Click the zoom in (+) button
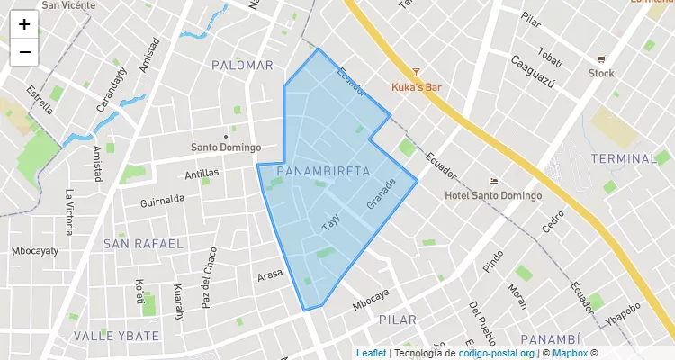pyautogui.click(x=24, y=25)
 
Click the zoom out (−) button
pyautogui.click(x=24, y=52)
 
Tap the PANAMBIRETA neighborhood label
pyautogui.click(x=324, y=170)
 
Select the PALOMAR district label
pyautogui.click(x=242, y=66)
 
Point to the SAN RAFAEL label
pyautogui.click(x=143, y=244)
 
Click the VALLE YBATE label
pyautogui.click(x=116, y=336)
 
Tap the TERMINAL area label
pyautogui.click(x=624, y=159)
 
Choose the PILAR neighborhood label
pyautogui.click(x=397, y=320)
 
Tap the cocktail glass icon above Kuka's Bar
pyautogui.click(x=416, y=72)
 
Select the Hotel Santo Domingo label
pyautogui.click(x=493, y=195)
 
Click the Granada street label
pyautogui.click(x=382, y=194)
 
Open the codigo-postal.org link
pyautogui.click(x=496, y=353)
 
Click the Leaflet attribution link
pyautogui.click(x=371, y=353)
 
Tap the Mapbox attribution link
pyautogui.click(x=570, y=353)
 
